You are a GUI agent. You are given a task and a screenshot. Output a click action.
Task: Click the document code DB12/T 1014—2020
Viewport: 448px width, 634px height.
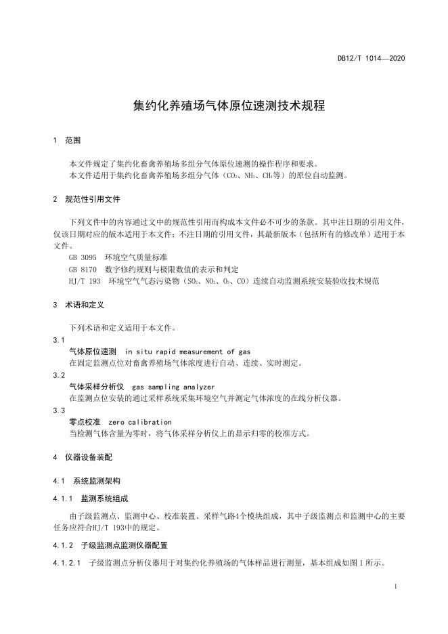pyautogui.click(x=371, y=59)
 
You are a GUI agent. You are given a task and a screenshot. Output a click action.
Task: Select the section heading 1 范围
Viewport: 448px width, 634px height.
pyautogui.click(x=66, y=140)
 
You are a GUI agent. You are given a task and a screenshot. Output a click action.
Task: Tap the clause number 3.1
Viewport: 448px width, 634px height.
pyautogui.click(x=58, y=339)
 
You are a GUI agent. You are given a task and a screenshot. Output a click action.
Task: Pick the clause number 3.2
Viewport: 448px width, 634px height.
pyautogui.click(x=58, y=375)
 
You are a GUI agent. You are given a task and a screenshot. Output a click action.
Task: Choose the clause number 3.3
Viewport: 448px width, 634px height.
pyautogui.click(x=58, y=410)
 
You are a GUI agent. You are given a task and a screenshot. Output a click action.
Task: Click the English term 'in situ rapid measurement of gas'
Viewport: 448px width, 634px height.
pyautogui.click(x=188, y=352)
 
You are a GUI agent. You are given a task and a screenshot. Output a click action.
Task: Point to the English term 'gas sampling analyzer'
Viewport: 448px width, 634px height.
pyautogui.click(x=173, y=387)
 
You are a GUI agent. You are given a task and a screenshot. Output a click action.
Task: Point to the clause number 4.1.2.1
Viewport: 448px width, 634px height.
pyautogui.click(x=67, y=563)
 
